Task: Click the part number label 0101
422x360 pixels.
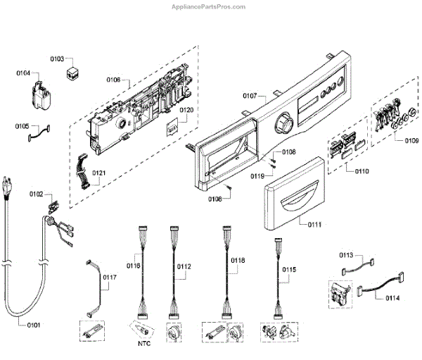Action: pos(33,325)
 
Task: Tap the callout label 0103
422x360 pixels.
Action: pos(57,59)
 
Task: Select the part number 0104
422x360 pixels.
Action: pos(23,73)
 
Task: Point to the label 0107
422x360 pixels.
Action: pos(250,96)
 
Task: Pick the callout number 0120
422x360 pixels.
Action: pos(186,111)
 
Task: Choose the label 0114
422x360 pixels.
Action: pos(392,298)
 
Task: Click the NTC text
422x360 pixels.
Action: pos(144,345)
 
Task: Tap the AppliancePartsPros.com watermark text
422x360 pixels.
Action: pos(210,6)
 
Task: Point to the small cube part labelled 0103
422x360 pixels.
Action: pos(72,72)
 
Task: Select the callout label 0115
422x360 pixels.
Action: pos(289,269)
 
